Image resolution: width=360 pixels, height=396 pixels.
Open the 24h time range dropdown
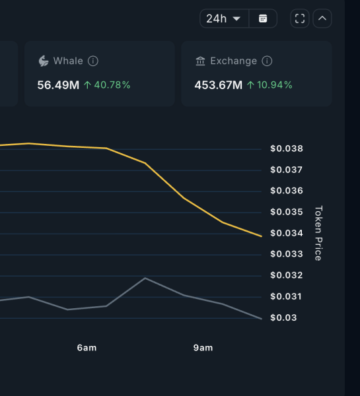(x=224, y=18)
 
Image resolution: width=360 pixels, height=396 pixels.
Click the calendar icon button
(x=263, y=18)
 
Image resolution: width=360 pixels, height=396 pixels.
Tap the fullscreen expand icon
(x=300, y=18)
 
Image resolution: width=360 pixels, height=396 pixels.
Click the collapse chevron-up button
(x=322, y=18)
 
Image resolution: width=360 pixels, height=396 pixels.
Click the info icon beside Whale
(x=93, y=61)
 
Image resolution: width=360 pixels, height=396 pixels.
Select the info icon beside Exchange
(x=267, y=61)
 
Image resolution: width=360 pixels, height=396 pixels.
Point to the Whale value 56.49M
(x=58, y=84)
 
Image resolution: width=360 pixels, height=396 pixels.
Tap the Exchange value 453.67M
(x=219, y=84)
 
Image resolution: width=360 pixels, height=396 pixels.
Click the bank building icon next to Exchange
(x=200, y=61)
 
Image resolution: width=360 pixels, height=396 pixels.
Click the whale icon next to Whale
(x=44, y=61)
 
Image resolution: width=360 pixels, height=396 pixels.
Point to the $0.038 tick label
(x=287, y=148)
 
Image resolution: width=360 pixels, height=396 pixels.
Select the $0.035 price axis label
(x=287, y=212)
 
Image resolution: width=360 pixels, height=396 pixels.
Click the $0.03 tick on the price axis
(x=284, y=317)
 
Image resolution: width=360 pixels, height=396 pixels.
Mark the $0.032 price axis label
(x=287, y=275)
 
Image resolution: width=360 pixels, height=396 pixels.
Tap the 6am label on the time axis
(x=87, y=348)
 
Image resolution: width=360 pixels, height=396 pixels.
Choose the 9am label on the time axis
(x=203, y=348)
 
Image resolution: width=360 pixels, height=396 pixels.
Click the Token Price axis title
(x=318, y=233)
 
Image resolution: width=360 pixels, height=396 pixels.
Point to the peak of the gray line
(x=145, y=278)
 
